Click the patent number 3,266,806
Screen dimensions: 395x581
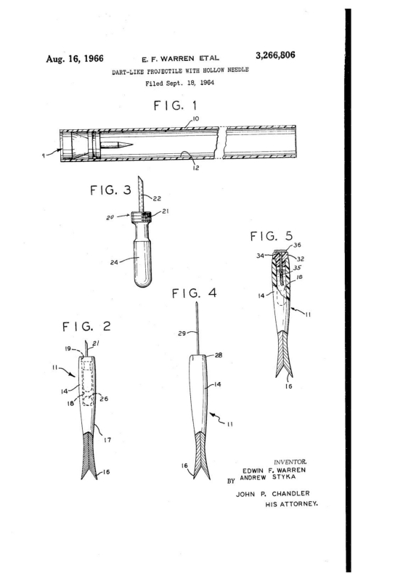[275, 55]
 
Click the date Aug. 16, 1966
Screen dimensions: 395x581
[75, 59]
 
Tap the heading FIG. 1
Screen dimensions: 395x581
[175, 105]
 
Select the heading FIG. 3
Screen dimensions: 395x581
[110, 190]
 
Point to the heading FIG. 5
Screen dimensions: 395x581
[272, 236]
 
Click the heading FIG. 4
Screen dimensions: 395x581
[194, 293]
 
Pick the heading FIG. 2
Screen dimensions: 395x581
[86, 326]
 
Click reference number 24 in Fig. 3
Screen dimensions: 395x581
[114, 262]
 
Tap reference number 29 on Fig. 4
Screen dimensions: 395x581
[182, 333]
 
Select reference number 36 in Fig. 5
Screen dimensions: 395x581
[297, 245]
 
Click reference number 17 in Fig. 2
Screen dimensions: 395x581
[107, 440]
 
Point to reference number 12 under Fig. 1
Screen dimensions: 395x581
[196, 168]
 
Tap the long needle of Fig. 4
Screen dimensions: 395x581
[197, 329]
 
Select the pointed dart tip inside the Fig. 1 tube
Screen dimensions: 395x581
[126, 144]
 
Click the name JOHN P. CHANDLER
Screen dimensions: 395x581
[273, 494]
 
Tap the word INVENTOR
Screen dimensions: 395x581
[290, 462]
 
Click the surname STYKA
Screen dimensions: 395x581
[284, 477]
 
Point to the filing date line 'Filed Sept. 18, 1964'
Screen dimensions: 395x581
[180, 83]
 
